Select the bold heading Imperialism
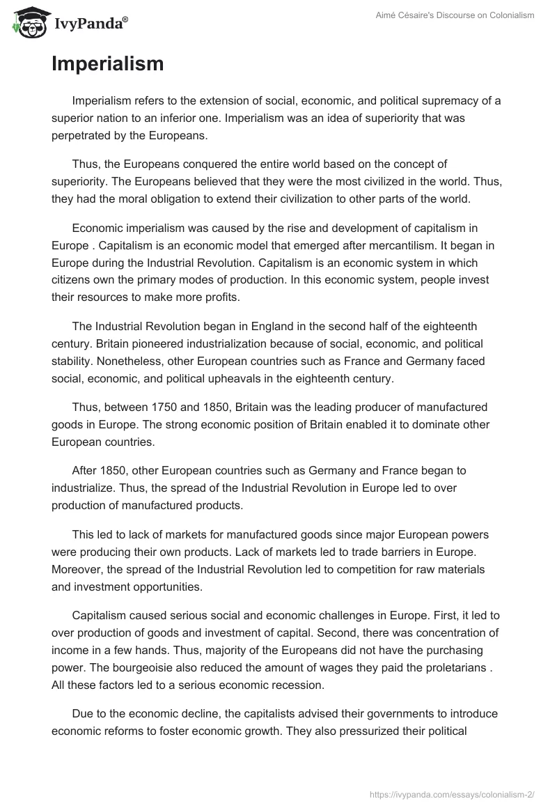(107, 64)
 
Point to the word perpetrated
(82, 135)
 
